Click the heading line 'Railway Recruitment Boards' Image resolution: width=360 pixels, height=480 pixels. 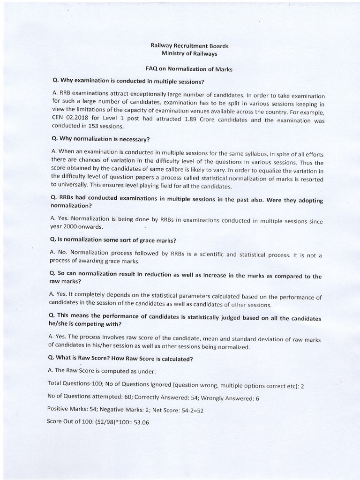coord(189,46)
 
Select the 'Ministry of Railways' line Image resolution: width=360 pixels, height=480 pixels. coord(189,54)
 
